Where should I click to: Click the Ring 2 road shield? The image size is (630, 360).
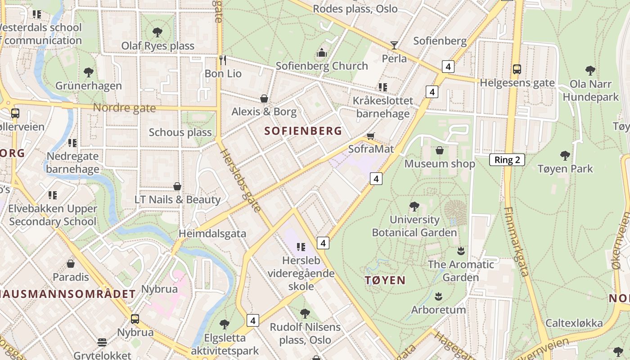click(507, 160)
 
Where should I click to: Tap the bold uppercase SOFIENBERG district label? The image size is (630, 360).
click(303, 131)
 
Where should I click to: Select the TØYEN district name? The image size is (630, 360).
click(385, 280)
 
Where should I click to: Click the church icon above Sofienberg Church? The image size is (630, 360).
click(322, 53)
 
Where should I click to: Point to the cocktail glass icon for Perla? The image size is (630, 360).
click(394, 45)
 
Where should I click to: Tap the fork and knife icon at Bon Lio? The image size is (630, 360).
click(222, 60)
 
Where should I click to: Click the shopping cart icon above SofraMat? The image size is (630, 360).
click(371, 136)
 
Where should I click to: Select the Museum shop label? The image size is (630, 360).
click(440, 164)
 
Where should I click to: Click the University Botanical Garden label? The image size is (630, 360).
click(414, 226)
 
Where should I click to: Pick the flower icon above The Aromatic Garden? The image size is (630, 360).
click(460, 251)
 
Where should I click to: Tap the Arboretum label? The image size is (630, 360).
click(438, 310)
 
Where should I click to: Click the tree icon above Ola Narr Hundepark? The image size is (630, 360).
click(590, 70)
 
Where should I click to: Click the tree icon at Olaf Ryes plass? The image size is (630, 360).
click(157, 32)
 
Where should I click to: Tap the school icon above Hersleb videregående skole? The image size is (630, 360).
click(301, 247)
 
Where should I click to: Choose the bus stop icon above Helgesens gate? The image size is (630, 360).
click(517, 69)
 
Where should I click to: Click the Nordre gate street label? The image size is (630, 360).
click(124, 108)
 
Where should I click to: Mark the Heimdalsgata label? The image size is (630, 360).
click(212, 234)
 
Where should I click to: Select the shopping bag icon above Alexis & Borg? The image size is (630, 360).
click(264, 98)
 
